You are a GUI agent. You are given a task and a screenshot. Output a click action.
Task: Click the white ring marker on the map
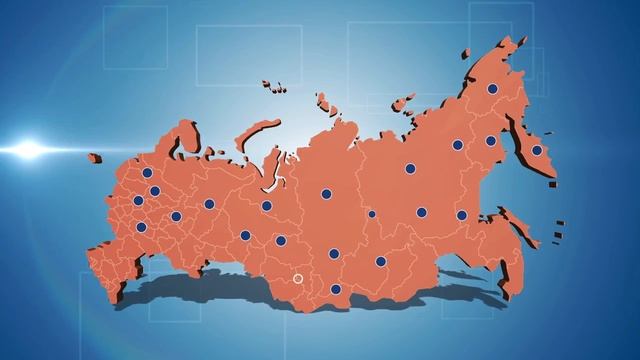(297, 279)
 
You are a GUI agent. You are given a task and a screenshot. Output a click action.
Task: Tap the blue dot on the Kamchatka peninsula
(536, 151)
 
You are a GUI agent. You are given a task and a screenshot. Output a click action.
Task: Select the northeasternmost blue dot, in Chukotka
(492, 89)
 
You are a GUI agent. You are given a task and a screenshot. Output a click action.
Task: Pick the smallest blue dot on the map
(372, 213)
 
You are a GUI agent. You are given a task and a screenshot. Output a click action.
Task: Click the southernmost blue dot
(336, 289)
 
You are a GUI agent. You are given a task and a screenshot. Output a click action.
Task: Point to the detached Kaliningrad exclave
(95, 157)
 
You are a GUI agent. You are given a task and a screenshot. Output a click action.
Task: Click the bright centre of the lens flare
(28, 150)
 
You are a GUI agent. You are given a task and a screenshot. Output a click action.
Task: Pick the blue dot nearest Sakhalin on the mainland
(463, 214)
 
